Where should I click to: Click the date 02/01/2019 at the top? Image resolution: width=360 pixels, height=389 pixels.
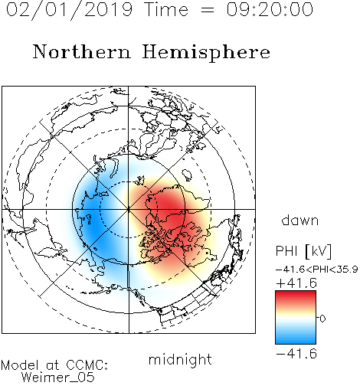click(x=69, y=10)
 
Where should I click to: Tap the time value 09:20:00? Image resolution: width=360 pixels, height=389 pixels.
click(x=270, y=9)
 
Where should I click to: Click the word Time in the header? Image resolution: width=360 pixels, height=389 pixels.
click(x=166, y=9)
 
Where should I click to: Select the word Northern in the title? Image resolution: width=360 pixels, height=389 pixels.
click(x=82, y=52)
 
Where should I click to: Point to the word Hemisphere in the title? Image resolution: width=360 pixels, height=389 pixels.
click(x=206, y=53)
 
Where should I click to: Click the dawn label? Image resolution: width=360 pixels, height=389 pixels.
click(x=300, y=220)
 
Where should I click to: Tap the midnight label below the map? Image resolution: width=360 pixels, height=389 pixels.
click(x=180, y=359)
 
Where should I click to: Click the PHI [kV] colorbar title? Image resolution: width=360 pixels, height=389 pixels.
click(x=303, y=251)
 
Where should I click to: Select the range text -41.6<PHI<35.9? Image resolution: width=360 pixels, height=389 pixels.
click(x=316, y=270)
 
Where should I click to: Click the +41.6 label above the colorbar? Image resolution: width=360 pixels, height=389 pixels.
click(x=296, y=283)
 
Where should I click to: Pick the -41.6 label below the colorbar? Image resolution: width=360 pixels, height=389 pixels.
click(x=296, y=354)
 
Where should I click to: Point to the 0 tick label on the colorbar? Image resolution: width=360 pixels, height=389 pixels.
click(x=322, y=319)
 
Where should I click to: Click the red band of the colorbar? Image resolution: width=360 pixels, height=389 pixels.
click(x=296, y=296)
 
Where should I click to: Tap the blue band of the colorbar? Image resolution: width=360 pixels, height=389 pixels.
click(x=296, y=338)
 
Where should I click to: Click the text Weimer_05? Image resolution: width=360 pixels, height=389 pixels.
click(x=58, y=378)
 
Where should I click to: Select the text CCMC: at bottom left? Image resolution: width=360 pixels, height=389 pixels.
click(x=87, y=365)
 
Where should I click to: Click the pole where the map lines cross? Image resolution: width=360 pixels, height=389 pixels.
click(x=129, y=209)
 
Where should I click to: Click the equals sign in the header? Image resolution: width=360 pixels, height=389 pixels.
click(x=208, y=11)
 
